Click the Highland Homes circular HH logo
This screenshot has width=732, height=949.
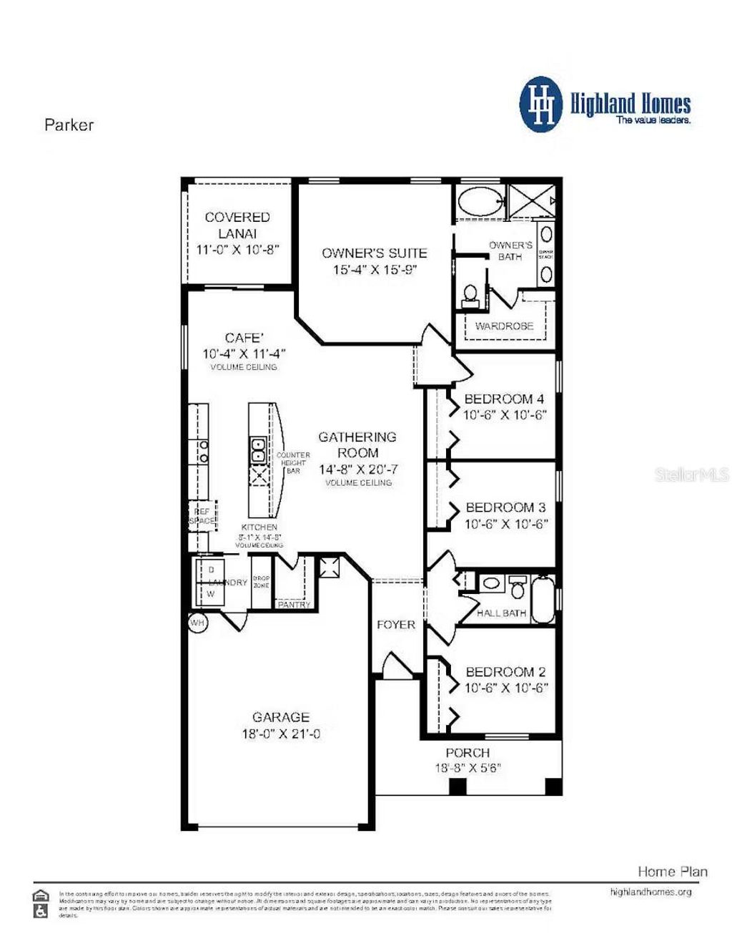[541, 104]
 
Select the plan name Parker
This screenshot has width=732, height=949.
[69, 125]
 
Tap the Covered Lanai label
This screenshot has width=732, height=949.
[237, 225]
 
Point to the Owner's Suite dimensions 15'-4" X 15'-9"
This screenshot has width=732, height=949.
[375, 270]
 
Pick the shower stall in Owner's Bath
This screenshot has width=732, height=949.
[531, 201]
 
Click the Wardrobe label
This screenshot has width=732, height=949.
[504, 326]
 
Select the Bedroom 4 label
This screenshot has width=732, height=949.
[504, 399]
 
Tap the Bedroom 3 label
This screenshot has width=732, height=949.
[505, 507]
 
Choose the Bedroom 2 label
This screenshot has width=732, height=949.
[505, 672]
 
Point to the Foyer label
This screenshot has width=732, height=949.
[396, 625]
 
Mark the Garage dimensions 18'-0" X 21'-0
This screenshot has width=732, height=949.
[281, 734]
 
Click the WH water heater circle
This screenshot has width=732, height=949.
[197, 623]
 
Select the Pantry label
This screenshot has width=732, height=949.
[294, 605]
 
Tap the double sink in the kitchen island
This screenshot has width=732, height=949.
[258, 450]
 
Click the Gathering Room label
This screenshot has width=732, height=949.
[357, 444]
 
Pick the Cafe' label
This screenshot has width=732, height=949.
[244, 338]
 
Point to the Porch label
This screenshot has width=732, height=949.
[468, 753]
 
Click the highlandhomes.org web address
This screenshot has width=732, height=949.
[651, 892]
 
